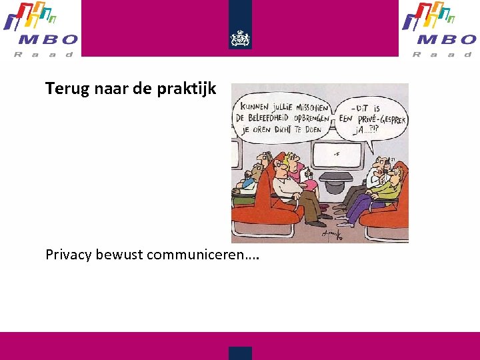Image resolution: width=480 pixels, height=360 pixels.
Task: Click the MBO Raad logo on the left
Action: click(x=41, y=29)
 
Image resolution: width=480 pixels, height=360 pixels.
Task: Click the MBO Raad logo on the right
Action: click(x=439, y=29)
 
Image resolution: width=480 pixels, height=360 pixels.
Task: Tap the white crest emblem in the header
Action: click(x=240, y=38)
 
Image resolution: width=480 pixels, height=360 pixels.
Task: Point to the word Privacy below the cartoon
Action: click(x=69, y=255)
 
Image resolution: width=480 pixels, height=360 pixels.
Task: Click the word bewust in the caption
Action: click(x=119, y=255)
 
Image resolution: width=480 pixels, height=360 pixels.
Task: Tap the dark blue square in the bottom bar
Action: click(x=240, y=353)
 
